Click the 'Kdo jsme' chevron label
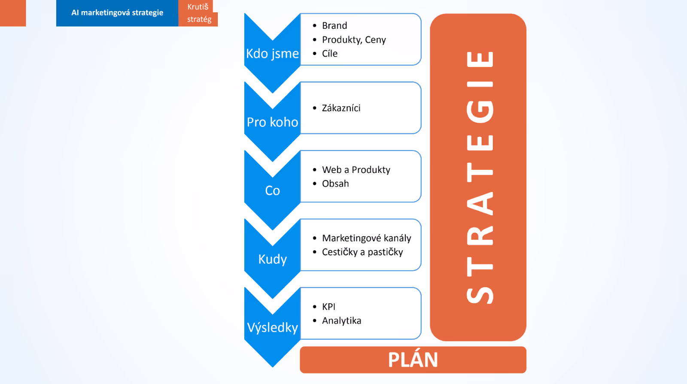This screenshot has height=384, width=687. click(272, 54)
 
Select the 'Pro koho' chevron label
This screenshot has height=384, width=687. click(272, 122)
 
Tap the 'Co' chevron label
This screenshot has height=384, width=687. click(272, 190)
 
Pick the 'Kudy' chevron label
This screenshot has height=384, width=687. click(272, 259)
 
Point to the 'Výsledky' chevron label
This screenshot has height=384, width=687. click(272, 328)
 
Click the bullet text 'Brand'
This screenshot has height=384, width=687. click(334, 26)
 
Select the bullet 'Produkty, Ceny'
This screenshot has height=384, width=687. click(354, 40)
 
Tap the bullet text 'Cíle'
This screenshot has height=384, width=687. click(330, 54)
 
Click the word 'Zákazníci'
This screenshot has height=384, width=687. click(341, 108)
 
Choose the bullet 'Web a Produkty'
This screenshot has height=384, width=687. click(356, 170)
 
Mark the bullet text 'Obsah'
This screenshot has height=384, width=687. click(335, 184)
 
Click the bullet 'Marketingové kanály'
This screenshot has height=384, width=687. click(366, 238)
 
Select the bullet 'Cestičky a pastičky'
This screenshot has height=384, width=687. click(362, 252)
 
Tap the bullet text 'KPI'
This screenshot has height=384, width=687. click(328, 307)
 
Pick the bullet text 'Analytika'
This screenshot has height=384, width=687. click(341, 321)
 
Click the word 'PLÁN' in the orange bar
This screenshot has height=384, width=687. click(413, 360)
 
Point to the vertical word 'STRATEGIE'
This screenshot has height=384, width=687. click(479, 177)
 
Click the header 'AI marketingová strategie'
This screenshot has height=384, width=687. click(117, 13)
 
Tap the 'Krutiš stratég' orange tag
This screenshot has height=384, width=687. click(199, 13)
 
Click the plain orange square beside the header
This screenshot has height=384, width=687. click(13, 13)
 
